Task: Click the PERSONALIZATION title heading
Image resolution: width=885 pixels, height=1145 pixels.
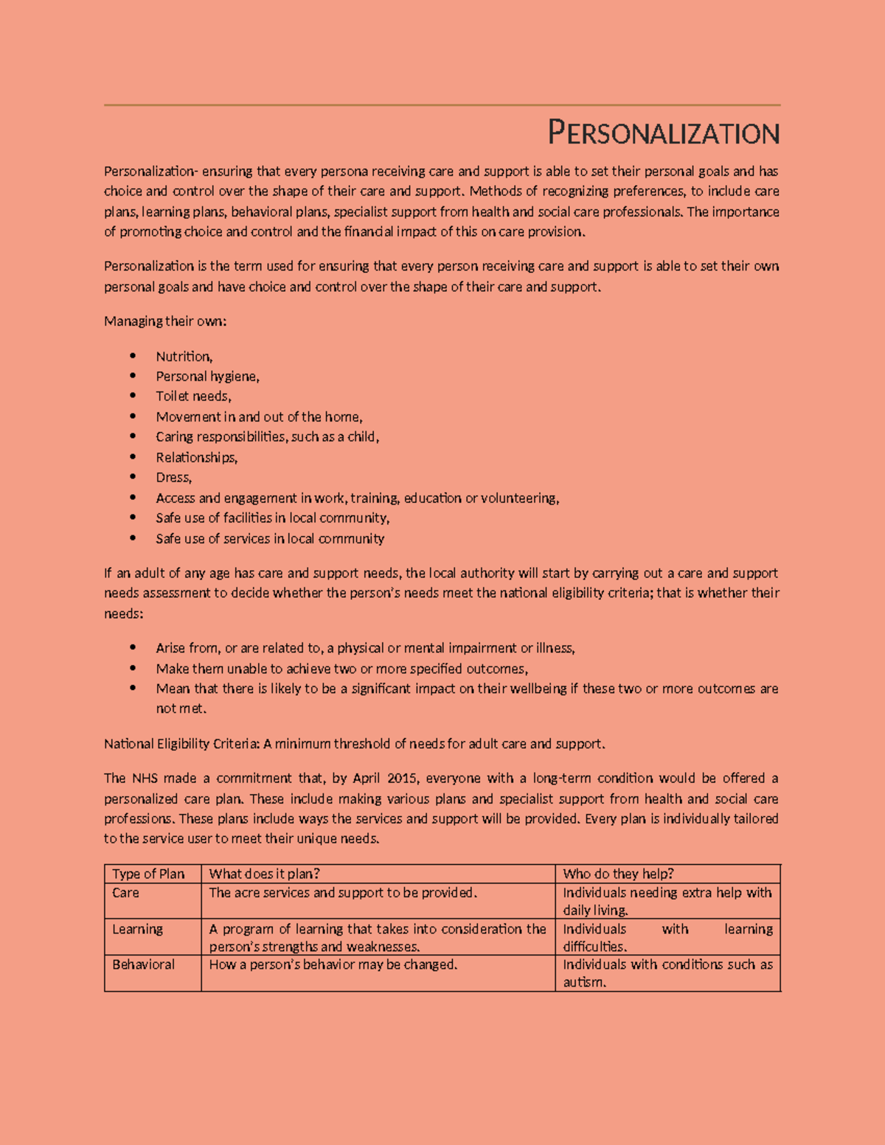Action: (663, 133)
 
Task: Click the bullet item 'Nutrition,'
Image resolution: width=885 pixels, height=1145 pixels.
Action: (184, 357)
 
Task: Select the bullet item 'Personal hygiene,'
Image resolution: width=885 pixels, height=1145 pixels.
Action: (207, 377)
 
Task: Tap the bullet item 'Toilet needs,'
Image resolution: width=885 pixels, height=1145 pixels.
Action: (193, 397)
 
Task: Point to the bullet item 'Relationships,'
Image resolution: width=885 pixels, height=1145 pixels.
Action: (196, 458)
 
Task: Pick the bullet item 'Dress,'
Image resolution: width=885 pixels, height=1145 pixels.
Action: (173, 478)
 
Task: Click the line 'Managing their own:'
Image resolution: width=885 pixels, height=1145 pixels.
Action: (165, 321)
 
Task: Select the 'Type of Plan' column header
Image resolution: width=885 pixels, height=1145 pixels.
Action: (148, 874)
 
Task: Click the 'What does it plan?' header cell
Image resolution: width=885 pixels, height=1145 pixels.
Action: (264, 874)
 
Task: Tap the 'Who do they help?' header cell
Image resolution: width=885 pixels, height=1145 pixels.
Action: (618, 874)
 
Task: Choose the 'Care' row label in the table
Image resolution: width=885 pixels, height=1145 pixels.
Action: (125, 893)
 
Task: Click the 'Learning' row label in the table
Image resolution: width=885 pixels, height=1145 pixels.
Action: (137, 929)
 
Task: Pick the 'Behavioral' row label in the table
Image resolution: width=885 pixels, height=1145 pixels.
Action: (143, 964)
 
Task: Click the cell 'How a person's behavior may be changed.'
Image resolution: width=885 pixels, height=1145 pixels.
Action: (333, 964)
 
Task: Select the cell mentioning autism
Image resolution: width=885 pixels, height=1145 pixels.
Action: (667, 973)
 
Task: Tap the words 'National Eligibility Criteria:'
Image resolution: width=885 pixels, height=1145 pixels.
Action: (181, 744)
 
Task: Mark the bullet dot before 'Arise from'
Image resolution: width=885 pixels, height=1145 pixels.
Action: (133, 647)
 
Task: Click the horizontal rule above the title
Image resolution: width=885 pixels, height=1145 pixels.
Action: (442, 105)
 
